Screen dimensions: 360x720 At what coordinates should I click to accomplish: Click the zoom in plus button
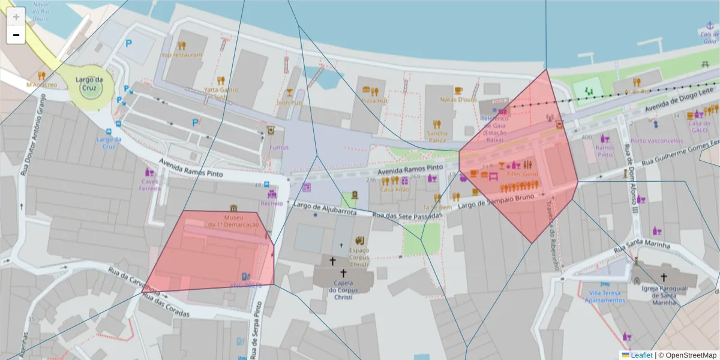click(16, 17)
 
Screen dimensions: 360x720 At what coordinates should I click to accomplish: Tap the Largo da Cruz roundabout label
click(90, 83)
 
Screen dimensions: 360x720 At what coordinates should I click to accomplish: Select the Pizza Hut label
click(374, 102)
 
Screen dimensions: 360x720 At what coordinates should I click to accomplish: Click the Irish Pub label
click(289, 103)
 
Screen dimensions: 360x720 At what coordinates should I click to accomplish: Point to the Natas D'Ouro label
click(458, 99)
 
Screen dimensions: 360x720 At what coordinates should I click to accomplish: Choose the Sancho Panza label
click(437, 136)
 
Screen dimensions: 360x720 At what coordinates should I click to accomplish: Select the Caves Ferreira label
click(150, 185)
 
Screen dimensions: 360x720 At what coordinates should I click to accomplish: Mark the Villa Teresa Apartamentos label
click(604, 296)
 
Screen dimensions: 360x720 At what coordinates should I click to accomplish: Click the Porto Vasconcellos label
click(656, 141)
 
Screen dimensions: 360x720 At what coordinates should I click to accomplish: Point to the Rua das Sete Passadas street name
click(398, 215)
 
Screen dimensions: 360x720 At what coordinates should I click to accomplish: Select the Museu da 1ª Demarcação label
click(233, 221)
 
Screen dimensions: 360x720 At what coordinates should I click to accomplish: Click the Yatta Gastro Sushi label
click(221, 93)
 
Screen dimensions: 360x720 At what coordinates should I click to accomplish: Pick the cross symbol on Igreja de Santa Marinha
click(663, 277)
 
